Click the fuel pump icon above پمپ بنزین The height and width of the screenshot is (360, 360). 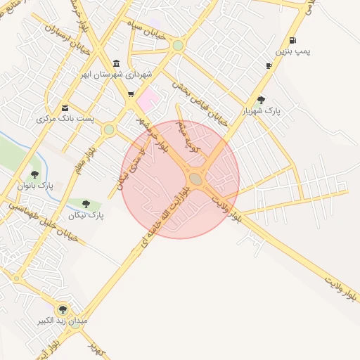pos(292,40)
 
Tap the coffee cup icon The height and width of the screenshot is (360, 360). pos(269,65)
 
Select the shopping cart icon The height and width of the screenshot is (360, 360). pos(131,94)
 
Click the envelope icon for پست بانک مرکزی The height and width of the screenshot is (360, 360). pos(65,108)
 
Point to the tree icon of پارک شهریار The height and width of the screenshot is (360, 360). pos(262,100)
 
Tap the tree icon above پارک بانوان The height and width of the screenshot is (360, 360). pos(34,174)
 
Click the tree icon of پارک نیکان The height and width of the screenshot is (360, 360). pos(86,204)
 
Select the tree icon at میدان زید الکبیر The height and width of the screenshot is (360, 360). pos(63,309)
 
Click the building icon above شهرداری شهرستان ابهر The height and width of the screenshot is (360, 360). pos(116,63)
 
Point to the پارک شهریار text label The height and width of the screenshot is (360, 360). pos(262,111)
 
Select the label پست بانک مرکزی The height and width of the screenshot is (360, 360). pos(65,120)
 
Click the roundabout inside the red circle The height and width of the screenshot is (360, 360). pos(196,179)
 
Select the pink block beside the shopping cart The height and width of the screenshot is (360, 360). pos(148,100)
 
